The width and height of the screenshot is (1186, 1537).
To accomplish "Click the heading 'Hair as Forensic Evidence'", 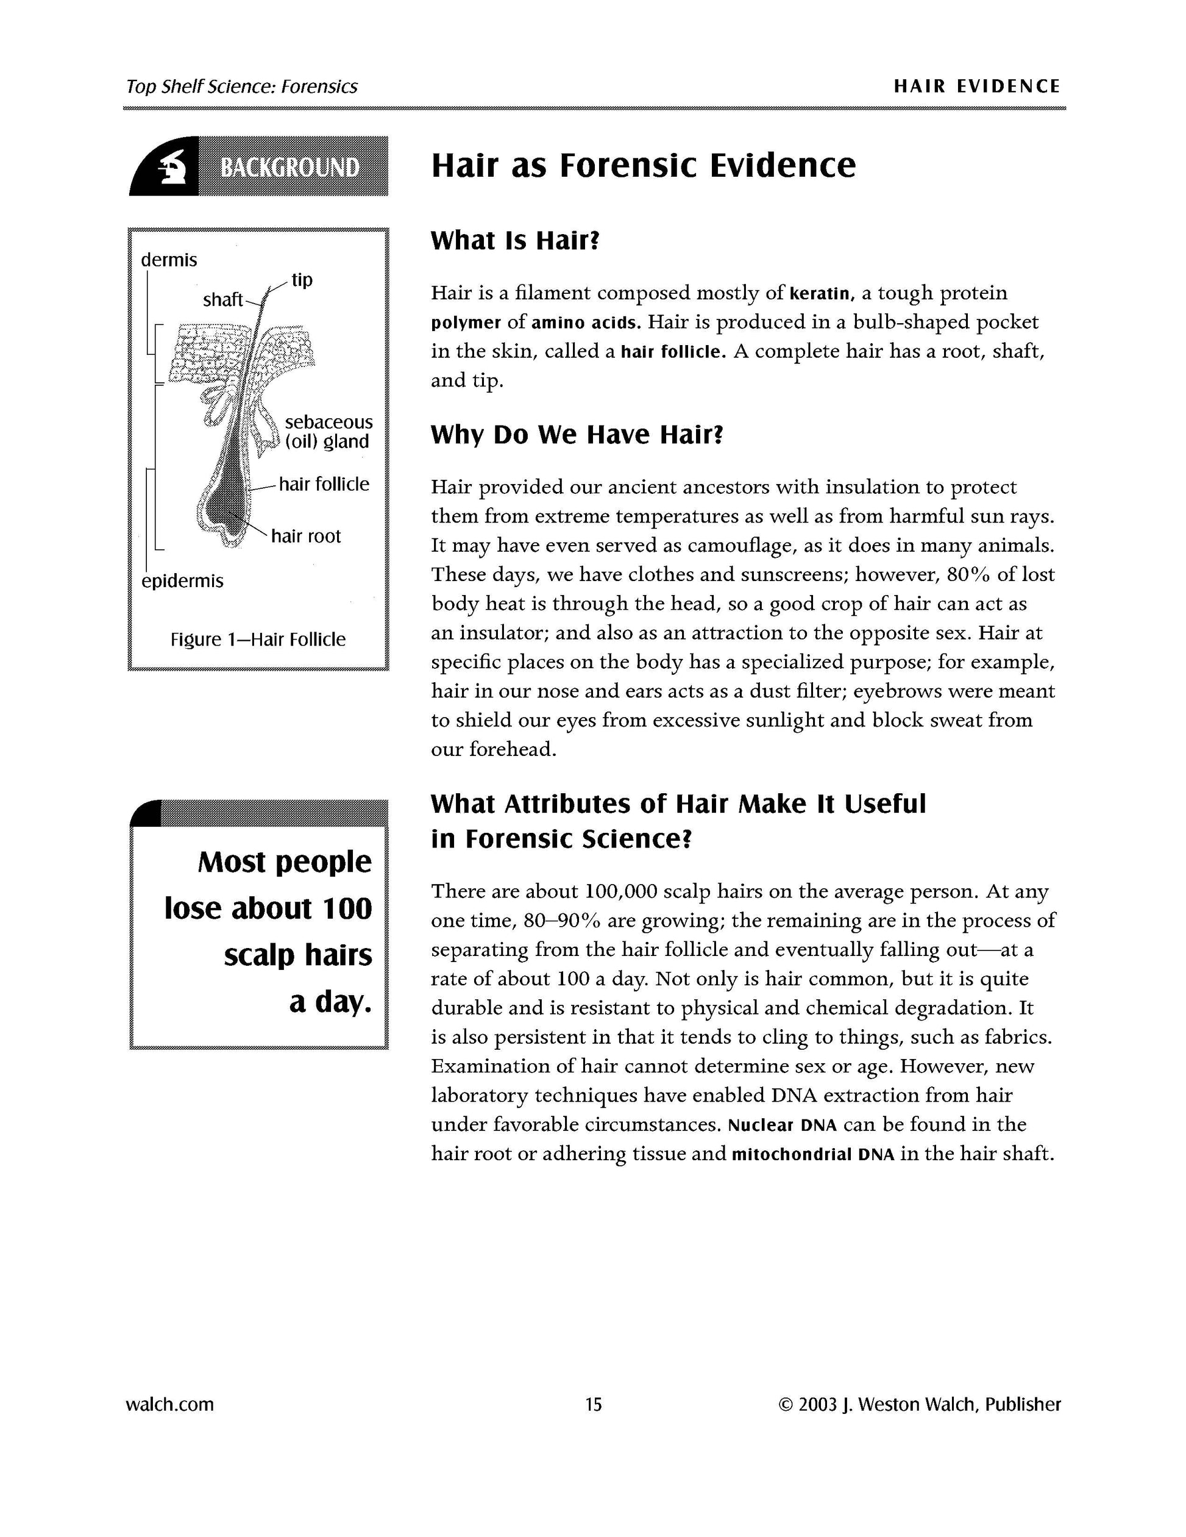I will point(643,166).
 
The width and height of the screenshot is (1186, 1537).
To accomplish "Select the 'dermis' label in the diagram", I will point(169,260).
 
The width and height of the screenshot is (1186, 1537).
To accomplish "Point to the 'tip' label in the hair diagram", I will point(302,280).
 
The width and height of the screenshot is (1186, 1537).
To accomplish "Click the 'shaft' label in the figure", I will point(222,301).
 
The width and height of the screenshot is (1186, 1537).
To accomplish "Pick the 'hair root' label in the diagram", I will point(306,537).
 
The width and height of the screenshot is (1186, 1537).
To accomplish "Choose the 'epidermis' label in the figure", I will point(182,581).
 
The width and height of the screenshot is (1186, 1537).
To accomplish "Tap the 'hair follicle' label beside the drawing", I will point(324,484).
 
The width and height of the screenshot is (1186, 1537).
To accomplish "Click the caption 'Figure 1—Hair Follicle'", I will point(258,640).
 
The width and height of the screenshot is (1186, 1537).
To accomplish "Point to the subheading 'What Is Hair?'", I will point(515,241).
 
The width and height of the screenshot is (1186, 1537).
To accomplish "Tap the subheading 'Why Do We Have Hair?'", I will point(577,435).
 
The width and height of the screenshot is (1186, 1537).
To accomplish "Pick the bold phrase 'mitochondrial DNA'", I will point(812,1155).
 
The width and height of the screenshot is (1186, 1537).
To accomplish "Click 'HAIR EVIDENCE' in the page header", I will point(976,87).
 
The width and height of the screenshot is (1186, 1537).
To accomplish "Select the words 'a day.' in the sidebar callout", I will point(330,1002).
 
